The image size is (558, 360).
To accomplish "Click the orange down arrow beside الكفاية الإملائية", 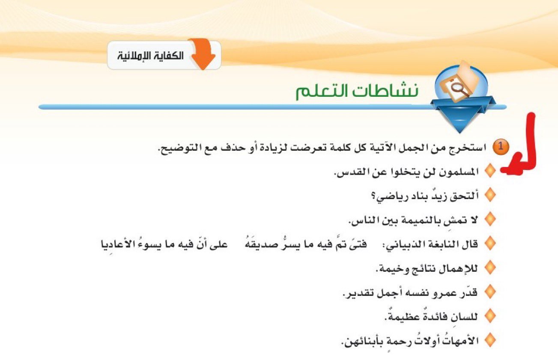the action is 202,54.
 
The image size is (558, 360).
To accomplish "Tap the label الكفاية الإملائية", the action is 150,56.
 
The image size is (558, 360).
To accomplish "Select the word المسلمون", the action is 458,172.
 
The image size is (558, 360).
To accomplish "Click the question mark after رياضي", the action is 373,196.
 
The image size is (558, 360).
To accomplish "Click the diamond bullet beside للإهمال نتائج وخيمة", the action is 490,268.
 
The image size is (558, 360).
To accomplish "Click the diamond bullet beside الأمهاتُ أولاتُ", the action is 490,340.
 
